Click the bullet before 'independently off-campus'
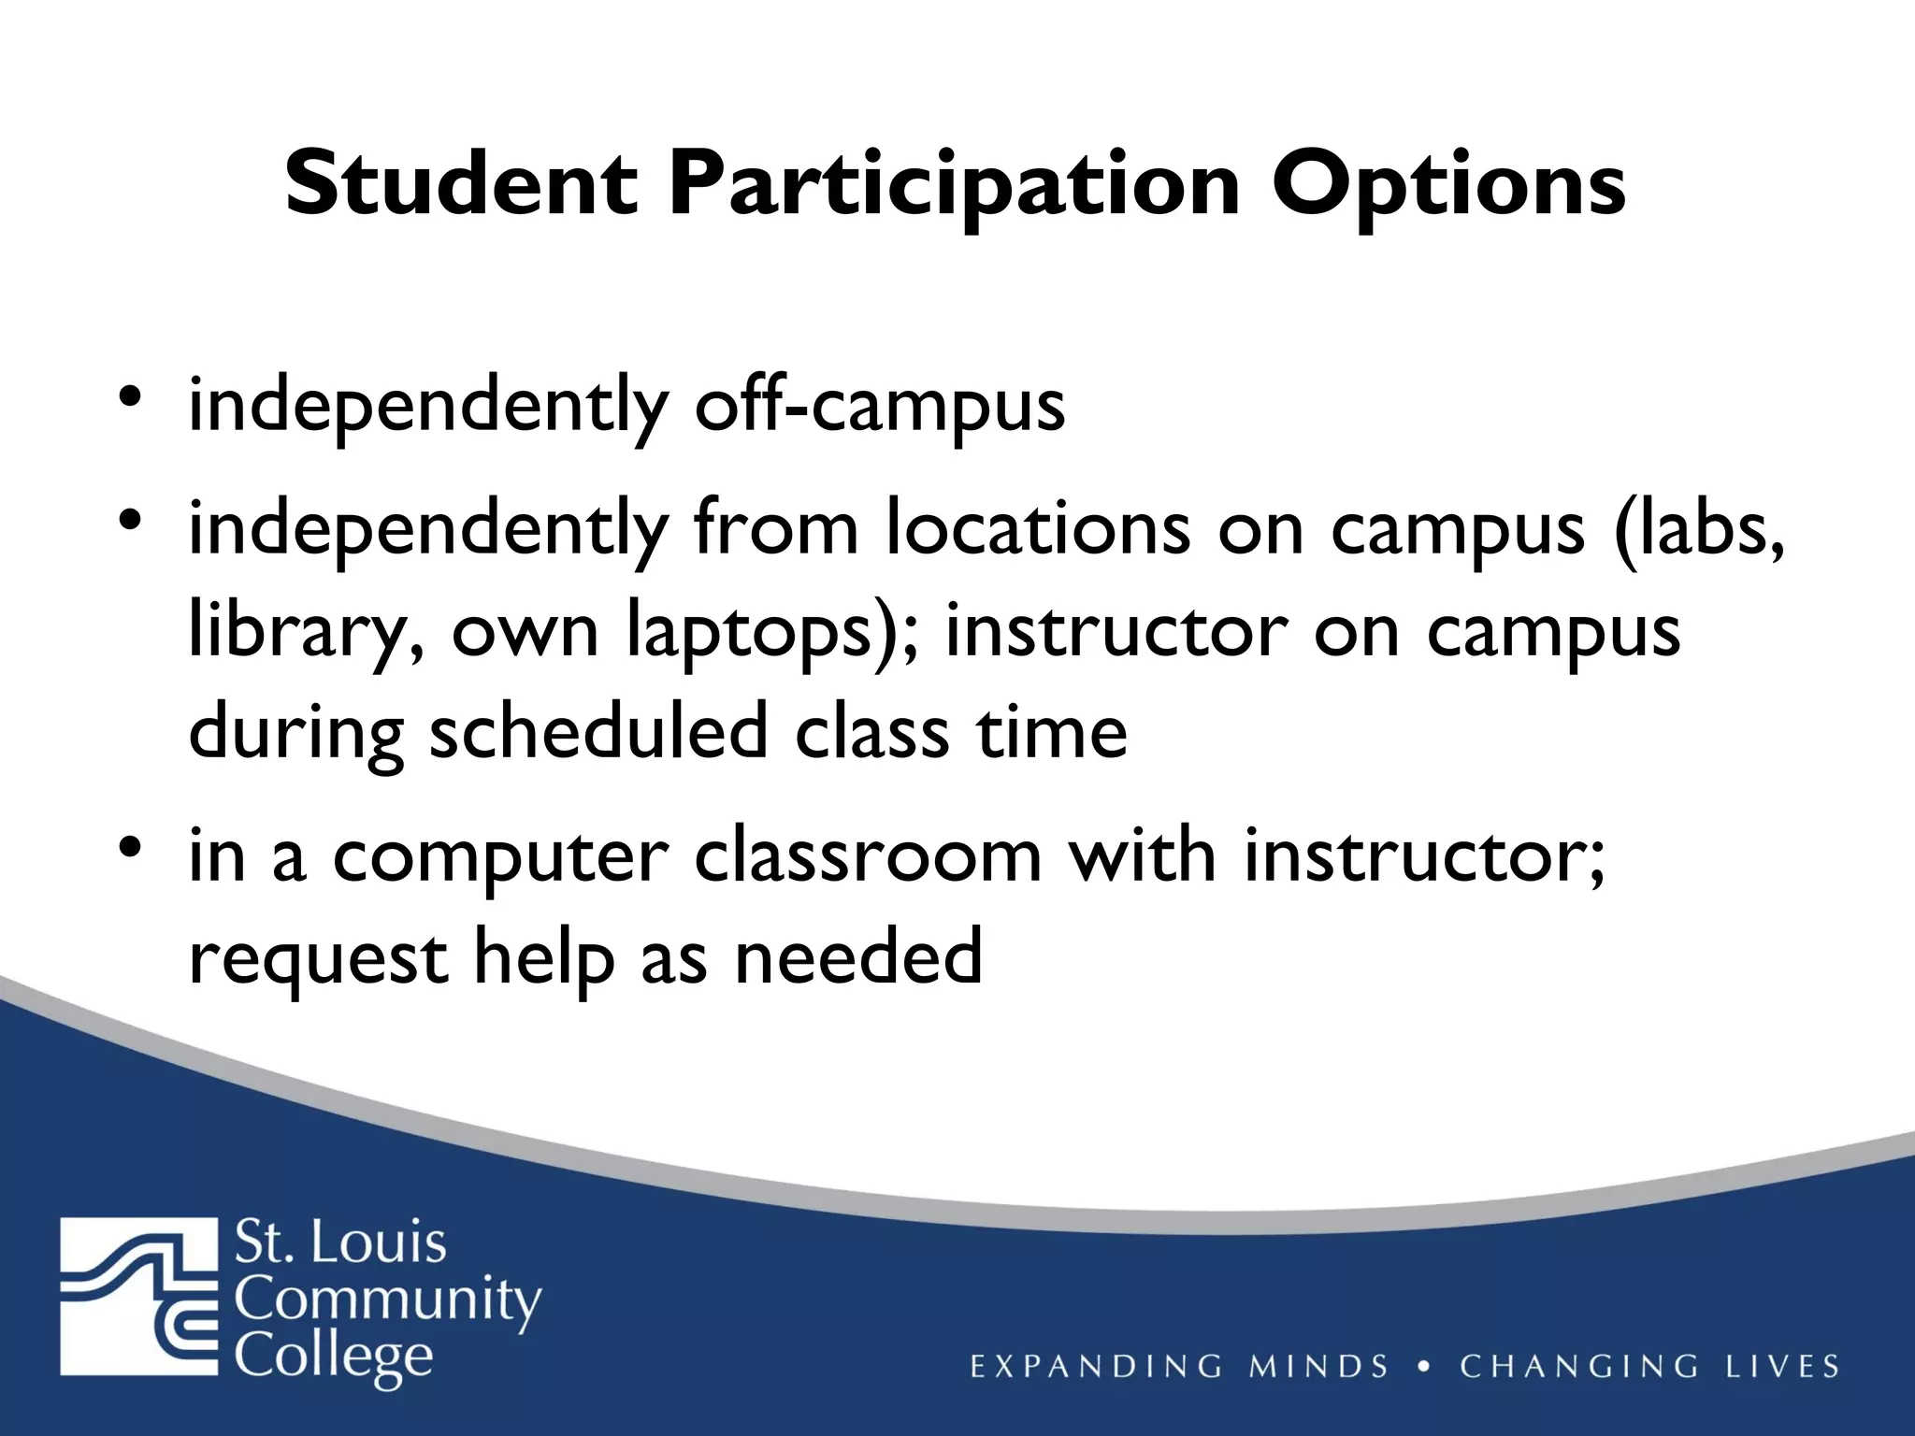[130, 396]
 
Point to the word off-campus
[879, 408]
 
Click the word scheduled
[598, 731]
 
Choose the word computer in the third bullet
[501, 858]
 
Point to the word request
[318, 959]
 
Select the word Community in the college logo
[387, 1300]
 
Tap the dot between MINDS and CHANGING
[1424, 1366]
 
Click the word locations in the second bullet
[1039, 529]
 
